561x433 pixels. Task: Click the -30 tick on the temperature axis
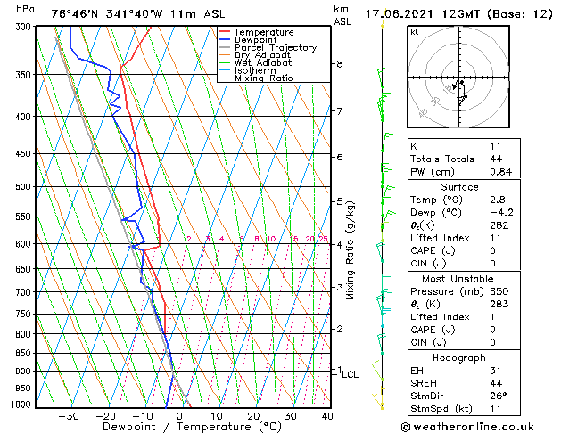[x=69, y=416]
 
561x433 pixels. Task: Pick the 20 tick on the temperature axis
[x=253, y=416]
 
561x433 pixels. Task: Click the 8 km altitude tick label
[x=340, y=64]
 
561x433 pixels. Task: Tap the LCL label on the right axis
[x=350, y=375]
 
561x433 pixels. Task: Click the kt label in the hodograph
[x=415, y=32]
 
